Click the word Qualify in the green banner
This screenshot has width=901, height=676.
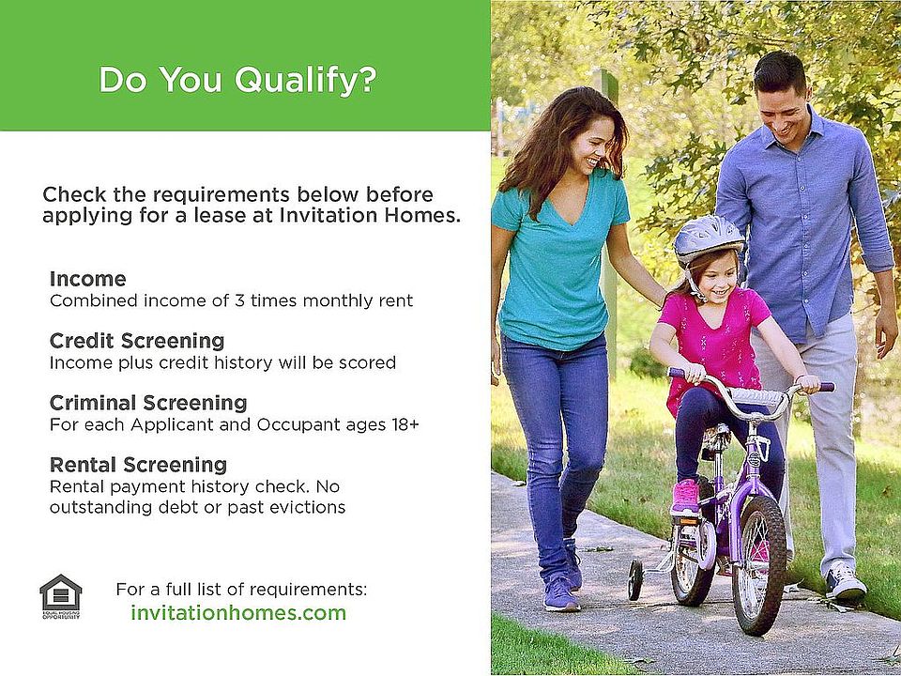pyautogui.click(x=305, y=81)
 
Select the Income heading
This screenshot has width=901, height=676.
pyautogui.click(x=88, y=279)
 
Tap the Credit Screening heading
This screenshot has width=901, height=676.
pyautogui.click(x=137, y=341)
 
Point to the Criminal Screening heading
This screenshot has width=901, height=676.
pyautogui.click(x=148, y=403)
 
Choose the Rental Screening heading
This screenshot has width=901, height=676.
pyautogui.click(x=138, y=465)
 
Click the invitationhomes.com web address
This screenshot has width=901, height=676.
pyautogui.click(x=238, y=613)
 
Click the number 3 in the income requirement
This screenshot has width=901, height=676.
pyautogui.click(x=239, y=300)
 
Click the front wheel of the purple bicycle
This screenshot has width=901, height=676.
pyautogui.click(x=758, y=565)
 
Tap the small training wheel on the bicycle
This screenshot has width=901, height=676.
pyautogui.click(x=635, y=579)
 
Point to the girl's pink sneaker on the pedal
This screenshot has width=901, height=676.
pyautogui.click(x=685, y=498)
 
